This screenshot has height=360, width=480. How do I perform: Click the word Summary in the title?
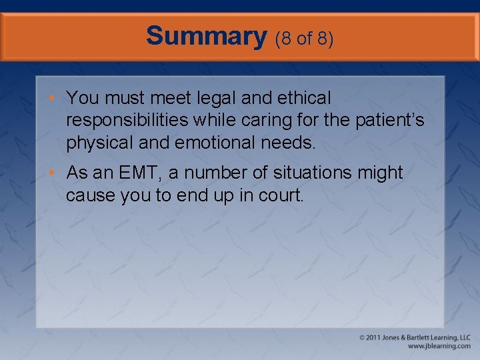(x=206, y=36)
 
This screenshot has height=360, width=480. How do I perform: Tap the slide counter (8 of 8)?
(x=304, y=38)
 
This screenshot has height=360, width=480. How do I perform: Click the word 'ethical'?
(x=303, y=98)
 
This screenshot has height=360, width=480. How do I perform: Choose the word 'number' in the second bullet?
(x=214, y=173)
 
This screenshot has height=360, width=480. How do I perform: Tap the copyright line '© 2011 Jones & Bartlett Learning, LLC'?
(x=414, y=337)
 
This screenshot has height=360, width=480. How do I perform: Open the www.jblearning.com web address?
(x=439, y=347)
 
